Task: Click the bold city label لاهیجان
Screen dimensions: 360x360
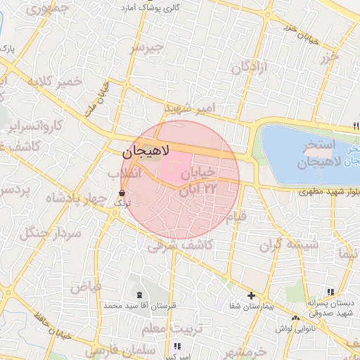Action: pos(146,150)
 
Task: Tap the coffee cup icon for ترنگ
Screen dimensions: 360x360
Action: pos(122,192)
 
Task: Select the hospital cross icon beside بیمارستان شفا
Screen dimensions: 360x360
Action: pos(251,295)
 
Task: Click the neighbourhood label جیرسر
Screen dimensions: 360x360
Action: pos(146,48)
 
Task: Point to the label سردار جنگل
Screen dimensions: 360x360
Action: pos(52,232)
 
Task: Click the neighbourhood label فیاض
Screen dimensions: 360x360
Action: pos(85,287)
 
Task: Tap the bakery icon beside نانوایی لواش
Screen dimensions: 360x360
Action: pos(296,317)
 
